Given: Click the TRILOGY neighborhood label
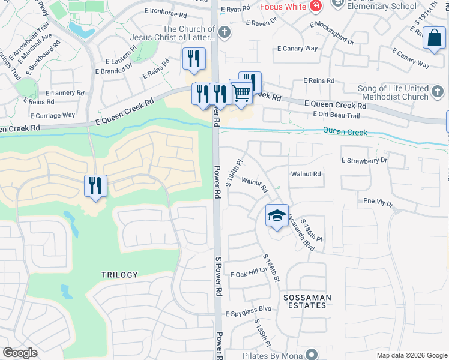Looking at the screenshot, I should tap(119, 275).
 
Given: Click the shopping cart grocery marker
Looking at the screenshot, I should tap(241, 92).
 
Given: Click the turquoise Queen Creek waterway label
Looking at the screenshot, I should tap(345, 132).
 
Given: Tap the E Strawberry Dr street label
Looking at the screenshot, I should tap(364, 161).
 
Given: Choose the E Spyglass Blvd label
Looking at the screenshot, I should tap(249, 313).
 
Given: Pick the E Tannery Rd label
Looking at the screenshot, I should tap(65, 93).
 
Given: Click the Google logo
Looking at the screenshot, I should tap(20, 353).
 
